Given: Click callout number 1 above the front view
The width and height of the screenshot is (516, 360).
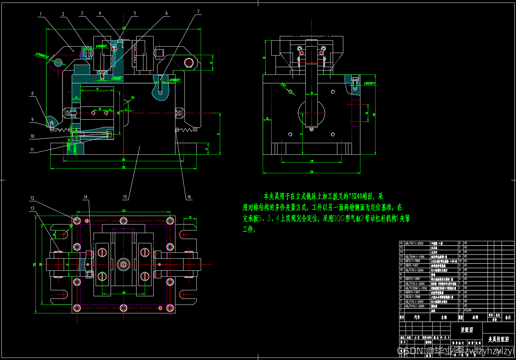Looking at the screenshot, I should (40, 14).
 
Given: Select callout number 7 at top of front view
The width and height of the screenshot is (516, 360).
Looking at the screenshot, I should (198, 12).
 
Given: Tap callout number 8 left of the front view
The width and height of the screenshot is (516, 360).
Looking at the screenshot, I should (32, 94).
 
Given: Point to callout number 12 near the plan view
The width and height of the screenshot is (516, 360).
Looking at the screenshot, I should (32, 198).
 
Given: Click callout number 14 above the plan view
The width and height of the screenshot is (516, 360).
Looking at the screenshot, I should (85, 197).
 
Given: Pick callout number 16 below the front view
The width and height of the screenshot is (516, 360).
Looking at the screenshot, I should (189, 197).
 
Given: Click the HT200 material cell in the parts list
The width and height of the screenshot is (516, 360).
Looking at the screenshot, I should (468, 310).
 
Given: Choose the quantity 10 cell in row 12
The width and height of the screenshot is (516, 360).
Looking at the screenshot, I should (460, 261).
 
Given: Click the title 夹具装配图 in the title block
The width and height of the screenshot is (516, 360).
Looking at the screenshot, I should (498, 339).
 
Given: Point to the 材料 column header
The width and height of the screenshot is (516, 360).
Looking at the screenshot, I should (475, 317).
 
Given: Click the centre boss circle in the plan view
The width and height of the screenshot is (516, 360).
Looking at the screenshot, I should (124, 264).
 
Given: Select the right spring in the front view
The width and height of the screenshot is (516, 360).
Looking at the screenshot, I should (186, 129).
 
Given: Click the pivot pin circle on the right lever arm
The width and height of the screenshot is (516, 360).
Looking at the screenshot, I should (188, 62).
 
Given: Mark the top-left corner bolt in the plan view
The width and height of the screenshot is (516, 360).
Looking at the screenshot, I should (77, 221).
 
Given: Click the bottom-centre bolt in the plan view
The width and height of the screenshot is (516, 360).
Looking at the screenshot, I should (124, 308).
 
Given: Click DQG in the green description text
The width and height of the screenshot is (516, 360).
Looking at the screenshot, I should (338, 218).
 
